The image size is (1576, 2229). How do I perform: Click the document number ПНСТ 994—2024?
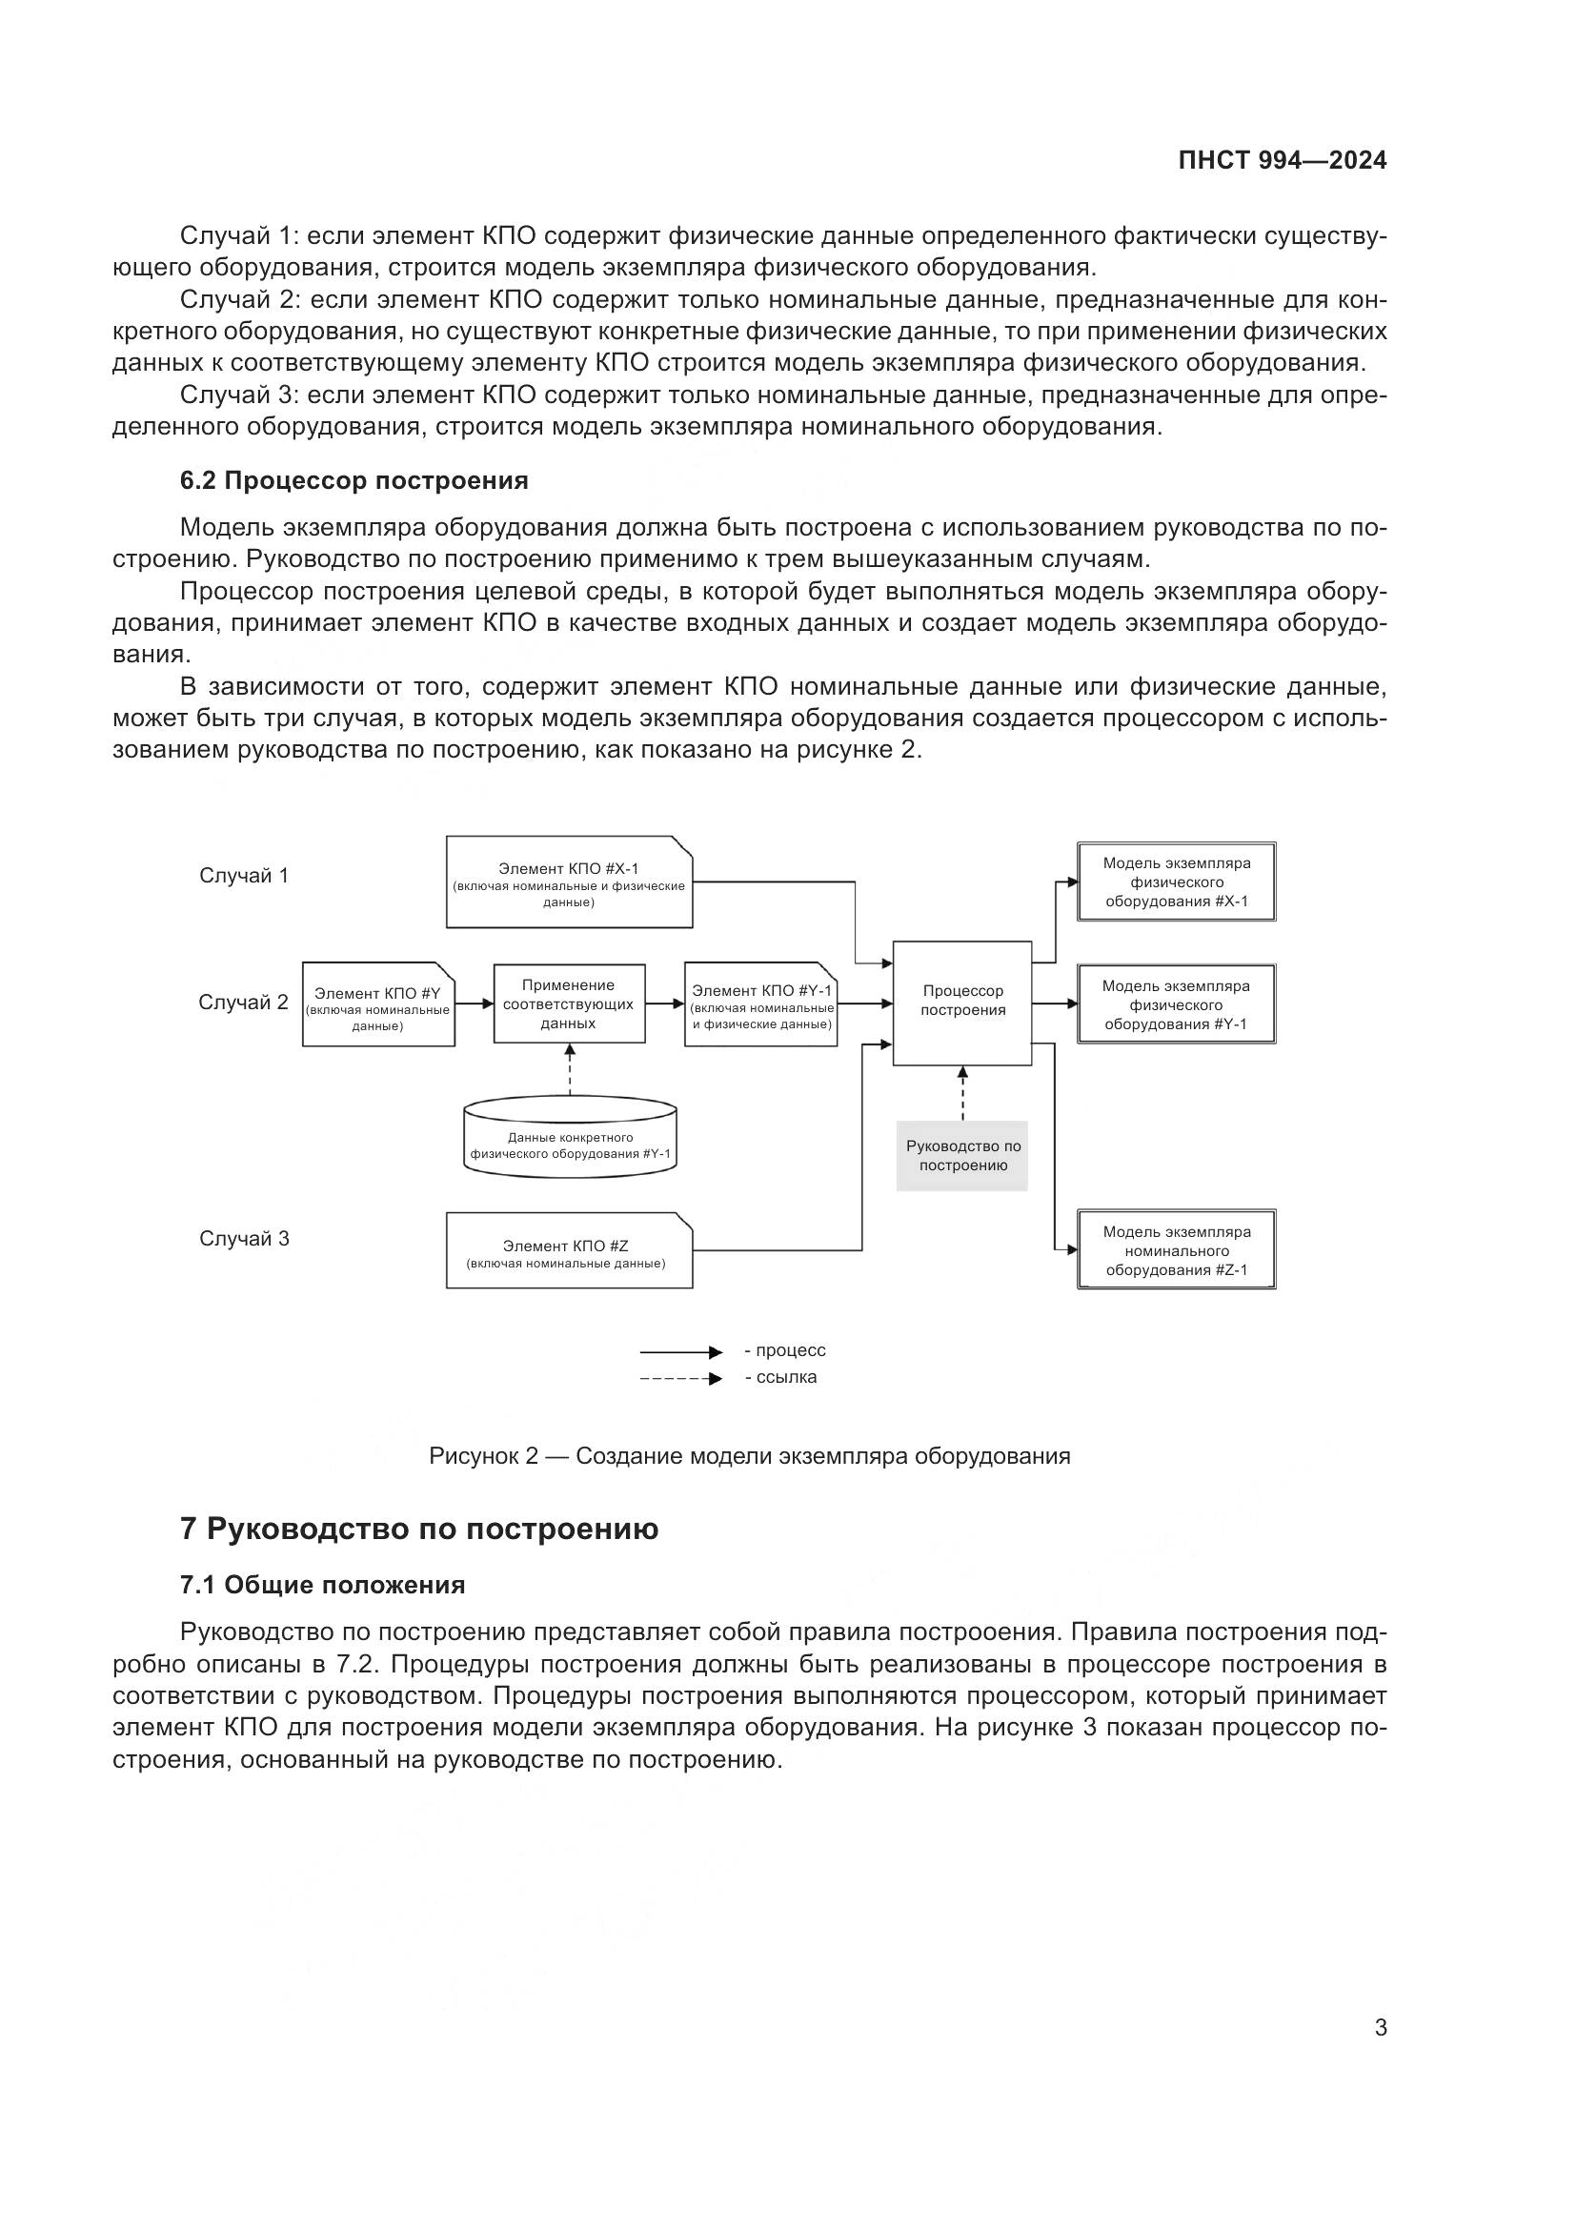pyautogui.click(x=1282, y=161)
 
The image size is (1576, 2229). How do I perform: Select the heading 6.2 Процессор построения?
pyautogui.click(x=354, y=480)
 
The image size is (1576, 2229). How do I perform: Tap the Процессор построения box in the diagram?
pyautogui.click(x=961, y=1003)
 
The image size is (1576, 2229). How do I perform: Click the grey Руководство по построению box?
pyautogui.click(x=962, y=1155)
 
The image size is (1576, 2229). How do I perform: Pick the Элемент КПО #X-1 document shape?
pyautogui.click(x=569, y=882)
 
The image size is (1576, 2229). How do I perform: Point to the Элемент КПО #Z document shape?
pyautogui.click(x=569, y=1251)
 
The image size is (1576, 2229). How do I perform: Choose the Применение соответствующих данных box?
pyautogui.click(x=569, y=1003)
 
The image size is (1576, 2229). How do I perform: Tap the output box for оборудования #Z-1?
pyautogui.click(x=1176, y=1250)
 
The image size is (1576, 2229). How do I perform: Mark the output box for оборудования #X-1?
pyautogui.click(x=1176, y=881)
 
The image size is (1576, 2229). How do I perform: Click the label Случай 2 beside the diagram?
pyautogui.click(x=244, y=1003)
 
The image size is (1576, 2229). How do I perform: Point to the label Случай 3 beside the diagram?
pyautogui.click(x=244, y=1239)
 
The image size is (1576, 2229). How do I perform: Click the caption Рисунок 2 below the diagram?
pyautogui.click(x=749, y=1456)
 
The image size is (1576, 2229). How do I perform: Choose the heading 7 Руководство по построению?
pyautogui.click(x=419, y=1529)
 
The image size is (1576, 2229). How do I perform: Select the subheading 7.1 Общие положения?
pyautogui.click(x=322, y=1586)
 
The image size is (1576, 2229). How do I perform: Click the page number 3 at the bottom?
pyautogui.click(x=1380, y=2028)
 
